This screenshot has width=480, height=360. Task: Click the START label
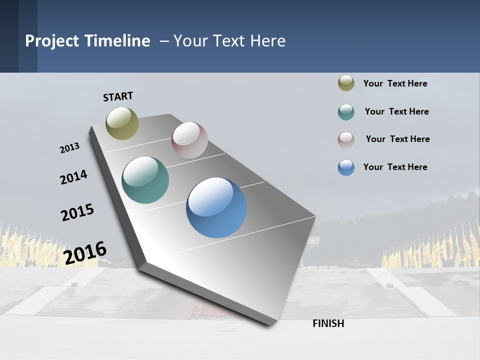pos(118,96)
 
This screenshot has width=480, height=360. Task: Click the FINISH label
pos(328,323)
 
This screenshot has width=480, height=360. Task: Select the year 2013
pos(69,147)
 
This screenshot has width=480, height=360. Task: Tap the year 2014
pos(73,177)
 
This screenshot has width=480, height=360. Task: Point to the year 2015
pos(77,212)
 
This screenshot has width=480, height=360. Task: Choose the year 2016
pos(85,252)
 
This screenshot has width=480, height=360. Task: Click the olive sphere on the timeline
pos(122,123)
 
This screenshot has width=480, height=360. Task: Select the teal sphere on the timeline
pos(145,180)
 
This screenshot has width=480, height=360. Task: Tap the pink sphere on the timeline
pos(189,140)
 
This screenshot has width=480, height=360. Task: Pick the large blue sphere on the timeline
pos(216,207)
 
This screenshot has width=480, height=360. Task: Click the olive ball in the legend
pos(346,83)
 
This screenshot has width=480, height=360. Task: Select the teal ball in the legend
pos(346,112)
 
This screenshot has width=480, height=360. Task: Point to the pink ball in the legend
pos(346,140)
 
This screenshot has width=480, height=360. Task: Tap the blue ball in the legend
pos(346,167)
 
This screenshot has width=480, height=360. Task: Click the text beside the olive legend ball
pos(395,83)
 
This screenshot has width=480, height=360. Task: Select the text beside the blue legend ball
pos(395,167)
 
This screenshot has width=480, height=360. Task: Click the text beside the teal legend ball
pos(396,111)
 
